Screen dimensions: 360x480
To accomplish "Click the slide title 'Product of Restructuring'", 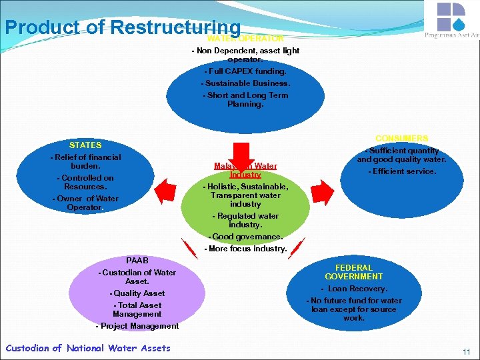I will pyautogui.click(x=122, y=27).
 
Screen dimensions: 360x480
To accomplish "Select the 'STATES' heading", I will pyautogui.click(x=85, y=145).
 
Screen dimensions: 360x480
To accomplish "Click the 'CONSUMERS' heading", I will pyautogui.click(x=401, y=138).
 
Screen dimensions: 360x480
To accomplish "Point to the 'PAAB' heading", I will pyautogui.click(x=137, y=260).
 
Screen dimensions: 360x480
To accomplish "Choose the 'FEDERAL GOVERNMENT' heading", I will pyautogui.click(x=354, y=272).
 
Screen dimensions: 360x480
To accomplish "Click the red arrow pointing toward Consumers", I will pyautogui.click(x=323, y=191).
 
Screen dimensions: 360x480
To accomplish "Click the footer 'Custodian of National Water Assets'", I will pyautogui.click(x=87, y=348).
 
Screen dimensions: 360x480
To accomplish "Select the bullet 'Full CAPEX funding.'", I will pyautogui.click(x=245, y=71).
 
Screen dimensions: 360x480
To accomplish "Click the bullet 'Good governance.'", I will pyautogui.click(x=245, y=237).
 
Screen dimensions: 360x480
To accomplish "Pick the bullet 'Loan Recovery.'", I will pyautogui.click(x=354, y=289).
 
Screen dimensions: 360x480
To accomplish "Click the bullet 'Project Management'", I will pyautogui.click(x=137, y=326).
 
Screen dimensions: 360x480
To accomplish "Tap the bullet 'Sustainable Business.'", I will pyautogui.click(x=245, y=83).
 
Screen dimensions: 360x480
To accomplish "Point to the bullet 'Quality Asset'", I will pyautogui.click(x=137, y=293).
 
